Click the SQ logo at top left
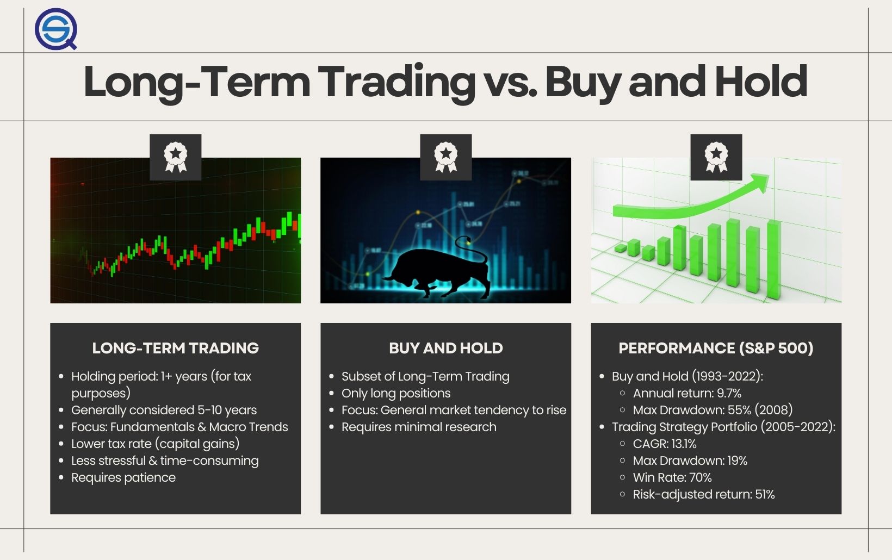point(55,28)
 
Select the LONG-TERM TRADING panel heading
point(175,348)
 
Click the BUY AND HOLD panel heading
point(445,348)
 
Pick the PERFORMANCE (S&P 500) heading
point(716,348)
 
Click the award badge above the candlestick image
point(175,157)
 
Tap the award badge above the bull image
point(445,157)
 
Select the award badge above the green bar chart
point(716,157)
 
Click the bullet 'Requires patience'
point(123,477)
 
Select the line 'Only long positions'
point(396,393)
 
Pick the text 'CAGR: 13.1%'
point(665,444)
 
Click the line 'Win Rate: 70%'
point(672,477)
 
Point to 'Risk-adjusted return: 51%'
point(704,494)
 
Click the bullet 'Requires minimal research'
point(419,427)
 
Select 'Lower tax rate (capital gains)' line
point(156,444)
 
